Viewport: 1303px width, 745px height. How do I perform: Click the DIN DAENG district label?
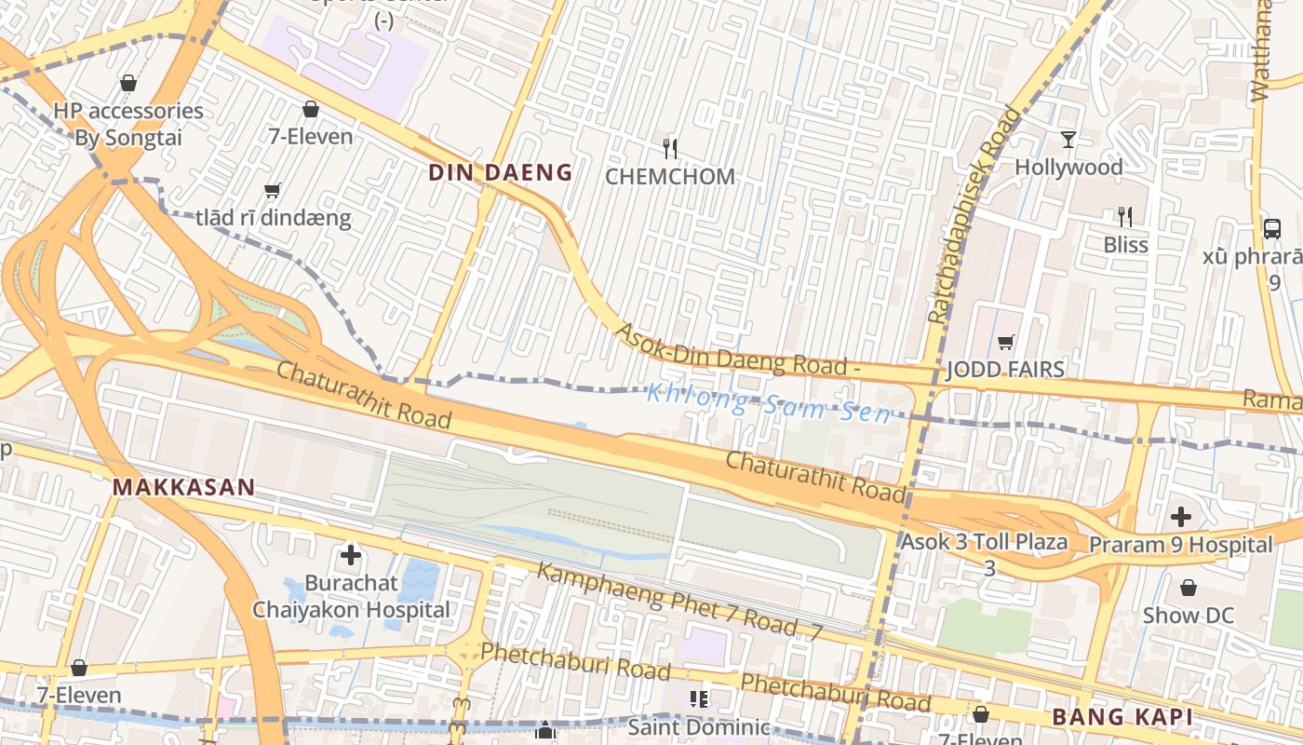click(500, 172)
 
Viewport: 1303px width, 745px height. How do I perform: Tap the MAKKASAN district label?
click(183, 487)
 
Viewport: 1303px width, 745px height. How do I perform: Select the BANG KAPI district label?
click(1122, 717)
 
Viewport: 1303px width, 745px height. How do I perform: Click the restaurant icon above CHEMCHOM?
click(669, 147)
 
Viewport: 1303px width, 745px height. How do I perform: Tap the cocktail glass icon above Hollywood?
click(1068, 140)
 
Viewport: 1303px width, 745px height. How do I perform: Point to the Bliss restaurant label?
click(1125, 245)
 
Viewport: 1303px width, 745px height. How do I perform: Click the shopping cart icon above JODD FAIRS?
click(1005, 342)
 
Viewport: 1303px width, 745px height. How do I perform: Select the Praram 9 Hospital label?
click(1180, 545)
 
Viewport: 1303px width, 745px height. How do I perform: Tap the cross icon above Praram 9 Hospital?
click(1180, 516)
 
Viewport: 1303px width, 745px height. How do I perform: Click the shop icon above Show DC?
click(1188, 588)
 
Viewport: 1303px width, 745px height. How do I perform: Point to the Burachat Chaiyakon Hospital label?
click(351, 596)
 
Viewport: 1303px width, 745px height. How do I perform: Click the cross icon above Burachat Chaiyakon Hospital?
click(351, 556)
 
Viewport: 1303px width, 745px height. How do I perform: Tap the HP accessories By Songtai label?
click(128, 124)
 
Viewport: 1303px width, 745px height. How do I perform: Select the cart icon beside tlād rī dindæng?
click(272, 191)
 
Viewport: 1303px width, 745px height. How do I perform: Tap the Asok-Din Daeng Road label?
click(735, 350)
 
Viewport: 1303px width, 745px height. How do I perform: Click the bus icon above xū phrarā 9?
click(1271, 228)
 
